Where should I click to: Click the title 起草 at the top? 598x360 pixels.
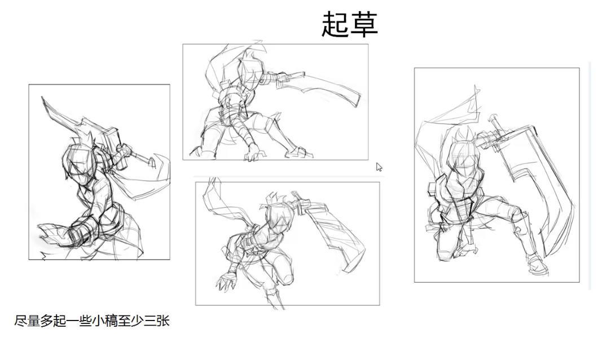pyautogui.click(x=350, y=24)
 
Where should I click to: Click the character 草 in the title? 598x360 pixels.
pyautogui.click(x=364, y=24)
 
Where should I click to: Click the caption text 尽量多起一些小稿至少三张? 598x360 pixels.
pyautogui.click(x=91, y=321)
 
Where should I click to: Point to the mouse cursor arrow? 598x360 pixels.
pyautogui.click(x=379, y=167)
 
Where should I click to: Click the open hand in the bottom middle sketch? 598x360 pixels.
pyautogui.click(x=226, y=282)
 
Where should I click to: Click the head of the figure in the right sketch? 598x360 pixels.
pyautogui.click(x=462, y=152)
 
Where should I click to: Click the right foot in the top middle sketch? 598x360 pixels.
pyautogui.click(x=300, y=152)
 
